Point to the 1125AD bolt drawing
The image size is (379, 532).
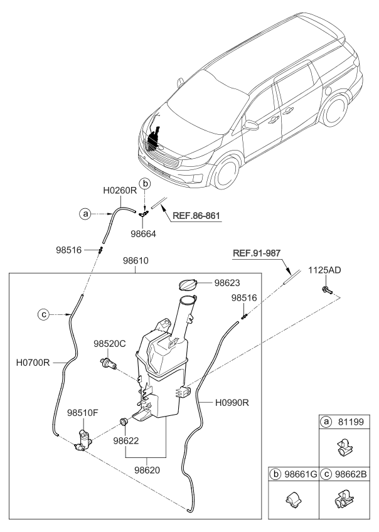point(327,289)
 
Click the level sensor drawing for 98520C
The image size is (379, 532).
point(110,363)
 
